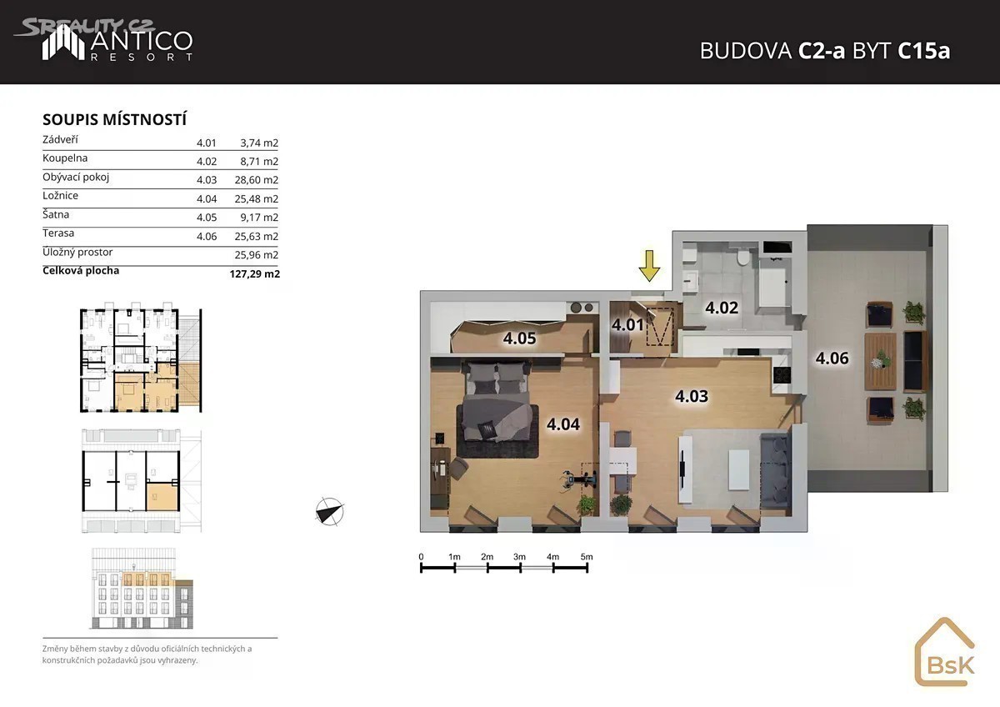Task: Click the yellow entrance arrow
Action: [648, 266]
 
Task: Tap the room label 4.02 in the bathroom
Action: [722, 308]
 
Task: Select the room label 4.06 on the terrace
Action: [832, 359]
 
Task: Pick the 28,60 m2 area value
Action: [257, 180]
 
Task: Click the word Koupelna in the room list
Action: [65, 158]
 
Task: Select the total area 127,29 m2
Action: [254, 273]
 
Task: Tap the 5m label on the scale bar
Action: [587, 557]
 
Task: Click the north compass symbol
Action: [329, 511]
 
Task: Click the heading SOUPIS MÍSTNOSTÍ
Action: [114, 120]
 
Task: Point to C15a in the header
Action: [923, 51]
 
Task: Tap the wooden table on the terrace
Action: [880, 361]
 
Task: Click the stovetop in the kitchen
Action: [782, 374]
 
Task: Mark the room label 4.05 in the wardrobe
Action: [519, 338]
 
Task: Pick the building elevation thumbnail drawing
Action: [142, 589]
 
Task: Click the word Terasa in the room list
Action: [58, 233]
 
